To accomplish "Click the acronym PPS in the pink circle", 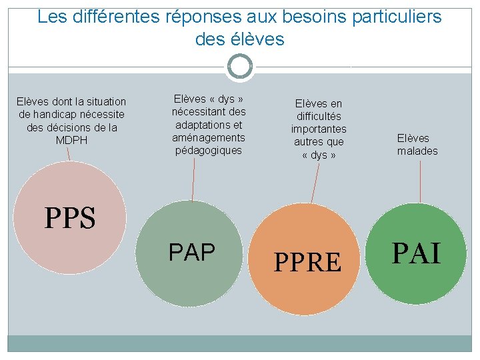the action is (x=70, y=218).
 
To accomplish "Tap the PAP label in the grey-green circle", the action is (x=192, y=253).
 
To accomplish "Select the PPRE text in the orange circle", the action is (x=308, y=263).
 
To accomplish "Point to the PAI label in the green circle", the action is (x=416, y=254).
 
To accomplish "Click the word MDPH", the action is (x=71, y=141).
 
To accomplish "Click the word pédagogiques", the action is (x=209, y=150).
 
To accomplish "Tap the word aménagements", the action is (x=209, y=137).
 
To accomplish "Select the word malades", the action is (x=417, y=151).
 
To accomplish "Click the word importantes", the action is (x=319, y=129).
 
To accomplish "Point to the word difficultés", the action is (x=319, y=116).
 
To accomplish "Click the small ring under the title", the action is (x=240, y=67).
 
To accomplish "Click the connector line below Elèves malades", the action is (x=420, y=180).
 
